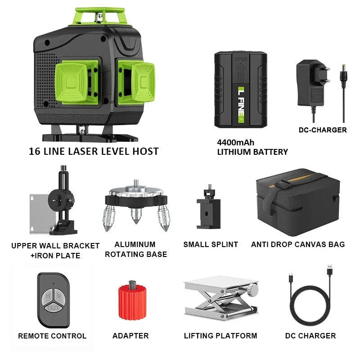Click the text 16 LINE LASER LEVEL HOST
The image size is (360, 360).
(94, 151)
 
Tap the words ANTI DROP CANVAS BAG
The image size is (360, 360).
(298, 244)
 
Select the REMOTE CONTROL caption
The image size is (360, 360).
(52, 336)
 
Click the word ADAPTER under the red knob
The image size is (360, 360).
(130, 336)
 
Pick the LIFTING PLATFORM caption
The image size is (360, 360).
(220, 336)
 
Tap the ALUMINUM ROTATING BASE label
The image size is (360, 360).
(135, 249)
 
